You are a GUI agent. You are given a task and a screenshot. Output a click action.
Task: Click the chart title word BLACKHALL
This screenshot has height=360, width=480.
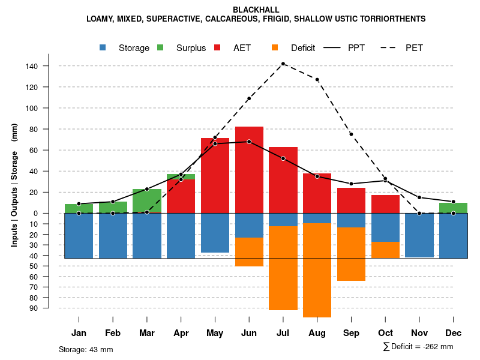256,10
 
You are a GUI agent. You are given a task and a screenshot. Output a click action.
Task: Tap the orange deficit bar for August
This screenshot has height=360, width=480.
317,270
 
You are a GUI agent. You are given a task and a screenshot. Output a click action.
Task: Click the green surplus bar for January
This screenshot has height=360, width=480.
79,208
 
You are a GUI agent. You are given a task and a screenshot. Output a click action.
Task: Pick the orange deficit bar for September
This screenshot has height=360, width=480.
352,254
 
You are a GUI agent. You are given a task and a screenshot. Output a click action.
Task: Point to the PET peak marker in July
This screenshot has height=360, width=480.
283,64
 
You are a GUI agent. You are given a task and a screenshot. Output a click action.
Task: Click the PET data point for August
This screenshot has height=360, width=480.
317,79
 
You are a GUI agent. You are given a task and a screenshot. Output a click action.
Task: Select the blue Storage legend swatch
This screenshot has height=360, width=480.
103,48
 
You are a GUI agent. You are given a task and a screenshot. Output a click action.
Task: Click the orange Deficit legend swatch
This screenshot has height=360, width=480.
275,48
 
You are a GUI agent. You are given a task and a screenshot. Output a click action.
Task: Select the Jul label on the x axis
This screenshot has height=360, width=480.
283,333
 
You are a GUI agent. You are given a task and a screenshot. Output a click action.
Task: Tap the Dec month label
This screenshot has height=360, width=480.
454,333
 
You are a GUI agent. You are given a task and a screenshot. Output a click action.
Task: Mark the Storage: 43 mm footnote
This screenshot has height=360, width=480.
86,349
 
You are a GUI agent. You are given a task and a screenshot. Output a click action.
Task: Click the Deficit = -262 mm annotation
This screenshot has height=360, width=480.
418,347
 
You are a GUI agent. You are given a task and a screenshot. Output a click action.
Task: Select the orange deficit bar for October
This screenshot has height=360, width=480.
386,250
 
